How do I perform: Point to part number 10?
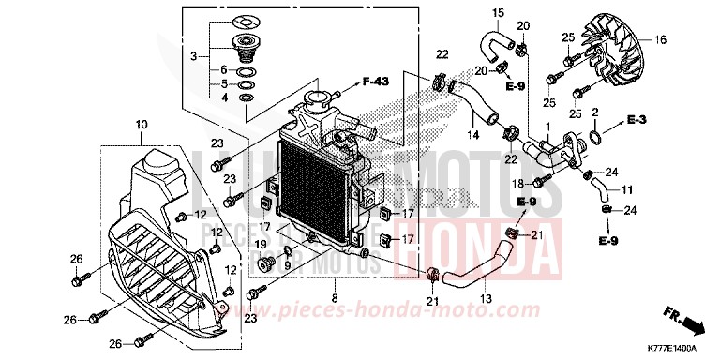tap(142, 125)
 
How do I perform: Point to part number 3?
tap(193, 57)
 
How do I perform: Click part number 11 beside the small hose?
tap(627, 188)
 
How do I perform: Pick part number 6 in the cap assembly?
tap(224, 70)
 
